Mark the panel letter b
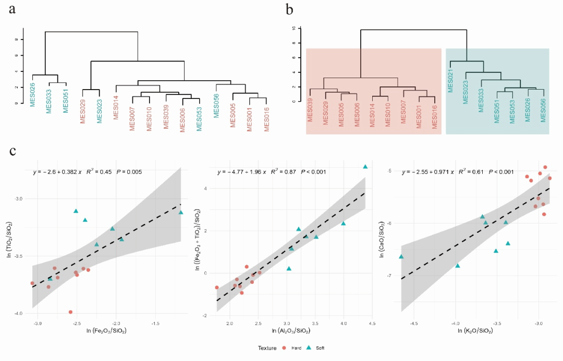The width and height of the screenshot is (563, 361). [x=290, y=10]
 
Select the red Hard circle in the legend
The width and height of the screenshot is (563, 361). [x=284, y=347]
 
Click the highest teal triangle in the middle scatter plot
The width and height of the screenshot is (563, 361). [x=365, y=167]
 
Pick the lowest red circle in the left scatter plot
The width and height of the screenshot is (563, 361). [x=70, y=312]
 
